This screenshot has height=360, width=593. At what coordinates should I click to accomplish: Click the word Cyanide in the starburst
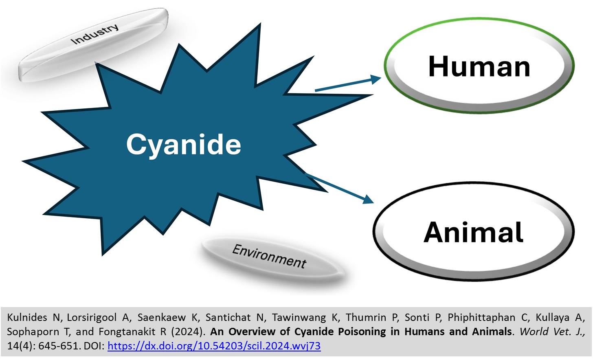tap(183, 145)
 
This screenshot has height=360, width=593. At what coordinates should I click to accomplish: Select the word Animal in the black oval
tap(473, 232)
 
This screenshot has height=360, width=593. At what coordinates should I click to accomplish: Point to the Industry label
tap(94, 34)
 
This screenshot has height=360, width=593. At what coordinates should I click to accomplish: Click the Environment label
tap(269, 256)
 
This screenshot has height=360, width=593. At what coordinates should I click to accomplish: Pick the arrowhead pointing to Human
tap(375, 79)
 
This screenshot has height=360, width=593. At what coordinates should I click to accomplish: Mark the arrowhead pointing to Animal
tap(368, 199)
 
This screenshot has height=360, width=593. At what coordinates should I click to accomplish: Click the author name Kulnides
tap(27, 317)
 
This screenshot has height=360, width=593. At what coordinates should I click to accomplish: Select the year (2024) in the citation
tap(188, 331)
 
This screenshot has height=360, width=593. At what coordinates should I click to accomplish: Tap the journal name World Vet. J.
tap(552, 331)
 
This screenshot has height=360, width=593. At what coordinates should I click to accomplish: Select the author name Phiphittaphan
tap(481, 317)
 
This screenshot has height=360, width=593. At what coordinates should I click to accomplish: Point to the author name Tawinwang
tap(299, 317)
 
